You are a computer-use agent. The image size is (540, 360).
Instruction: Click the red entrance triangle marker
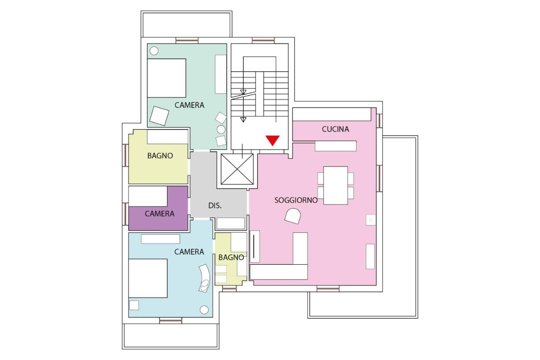(273, 140)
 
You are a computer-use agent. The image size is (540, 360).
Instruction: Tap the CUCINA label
(335, 129)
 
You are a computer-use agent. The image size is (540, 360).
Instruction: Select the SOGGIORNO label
(296, 200)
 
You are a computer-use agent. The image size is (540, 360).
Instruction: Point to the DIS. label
(215, 206)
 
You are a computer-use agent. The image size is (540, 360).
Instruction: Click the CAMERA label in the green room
(189, 105)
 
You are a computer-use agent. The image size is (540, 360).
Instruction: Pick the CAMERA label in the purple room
(159, 213)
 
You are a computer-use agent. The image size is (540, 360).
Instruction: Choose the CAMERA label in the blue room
(189, 252)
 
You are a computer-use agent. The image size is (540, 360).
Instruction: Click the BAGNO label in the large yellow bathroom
(160, 156)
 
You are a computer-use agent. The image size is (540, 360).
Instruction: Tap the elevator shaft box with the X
(237, 169)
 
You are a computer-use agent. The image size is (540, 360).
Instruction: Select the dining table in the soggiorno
(335, 185)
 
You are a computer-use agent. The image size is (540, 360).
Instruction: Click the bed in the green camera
(167, 78)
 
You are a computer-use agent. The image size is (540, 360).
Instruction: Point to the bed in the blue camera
(148, 278)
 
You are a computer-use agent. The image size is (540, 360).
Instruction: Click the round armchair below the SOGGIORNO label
(293, 216)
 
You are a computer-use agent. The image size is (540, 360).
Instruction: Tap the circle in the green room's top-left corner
(154, 51)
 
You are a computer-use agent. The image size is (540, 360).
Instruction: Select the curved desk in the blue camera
(205, 278)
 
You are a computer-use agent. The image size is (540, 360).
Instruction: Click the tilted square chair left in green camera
(159, 116)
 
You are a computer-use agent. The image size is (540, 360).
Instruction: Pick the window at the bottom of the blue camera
(170, 321)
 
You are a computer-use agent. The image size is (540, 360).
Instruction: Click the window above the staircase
(263, 40)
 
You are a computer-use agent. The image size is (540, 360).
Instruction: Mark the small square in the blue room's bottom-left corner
(134, 305)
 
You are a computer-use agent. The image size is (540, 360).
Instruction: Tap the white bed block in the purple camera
(148, 196)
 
